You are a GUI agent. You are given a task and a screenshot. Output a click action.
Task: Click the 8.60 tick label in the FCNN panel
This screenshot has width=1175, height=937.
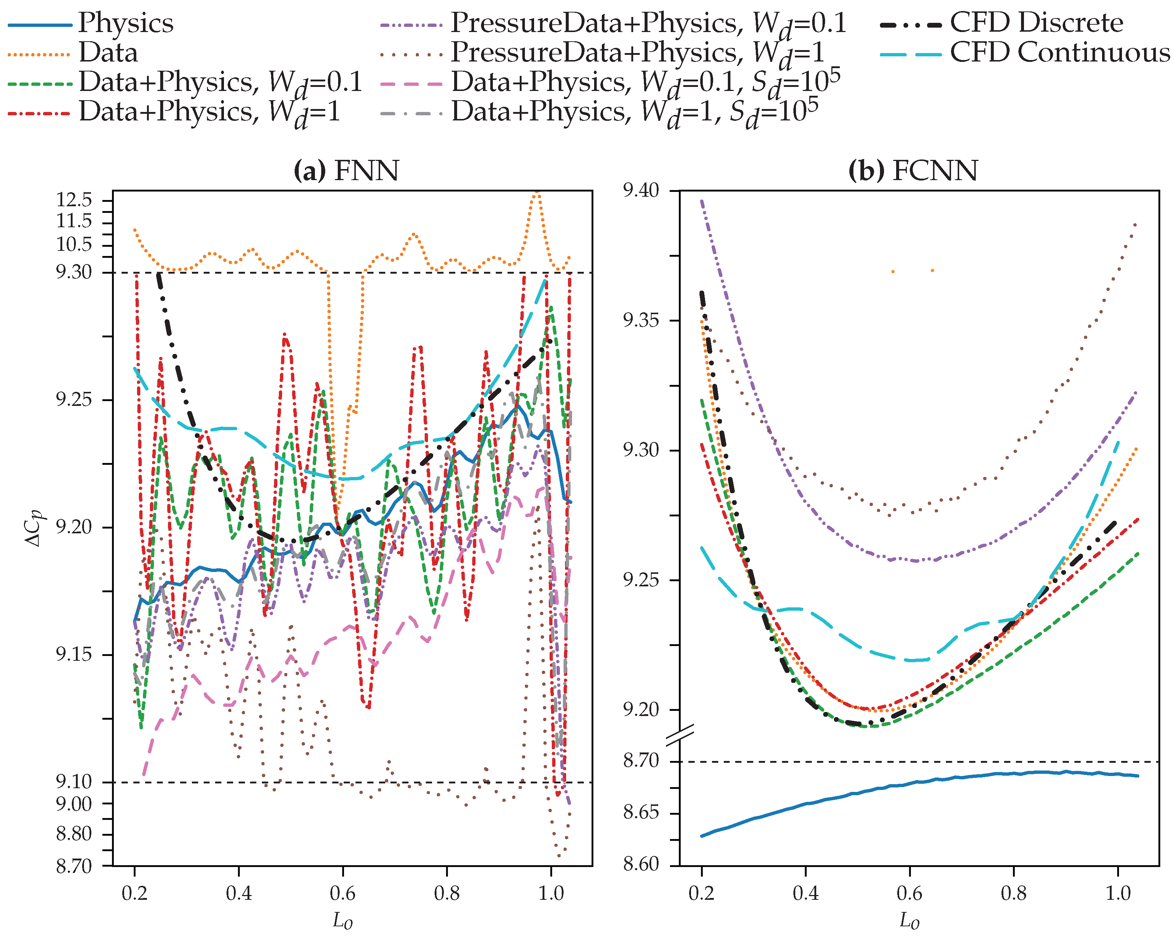coord(641,864)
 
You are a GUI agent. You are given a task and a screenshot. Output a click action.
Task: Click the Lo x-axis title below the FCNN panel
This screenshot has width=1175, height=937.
coord(909,921)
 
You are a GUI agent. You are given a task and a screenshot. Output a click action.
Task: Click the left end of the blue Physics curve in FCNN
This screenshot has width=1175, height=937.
coord(702,836)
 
